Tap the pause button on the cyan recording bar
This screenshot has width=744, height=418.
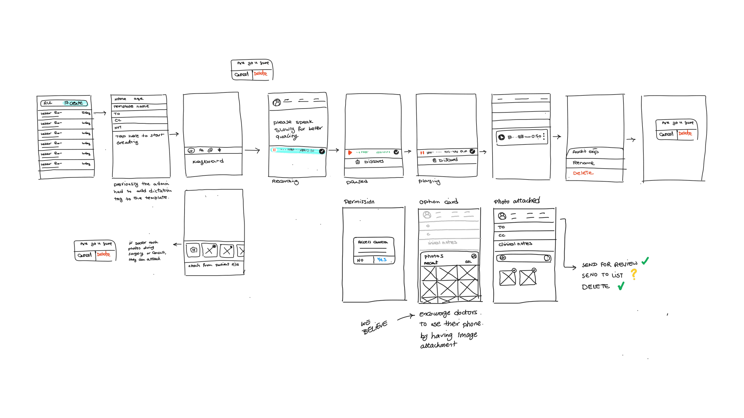pyautogui.click(x=274, y=150)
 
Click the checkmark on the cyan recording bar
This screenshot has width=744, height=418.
pyautogui.click(x=322, y=151)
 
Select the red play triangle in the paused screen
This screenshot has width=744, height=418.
pyautogui.click(x=350, y=153)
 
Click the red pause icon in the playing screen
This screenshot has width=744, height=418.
pyautogui.click(x=422, y=153)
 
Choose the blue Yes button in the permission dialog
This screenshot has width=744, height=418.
pyautogui.click(x=382, y=260)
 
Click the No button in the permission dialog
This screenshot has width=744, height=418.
pyautogui.click(x=360, y=260)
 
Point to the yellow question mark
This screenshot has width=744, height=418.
pyautogui.click(x=634, y=274)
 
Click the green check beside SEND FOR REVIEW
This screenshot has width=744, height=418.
pyautogui.click(x=645, y=261)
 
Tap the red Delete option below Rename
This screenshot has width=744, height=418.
pyautogui.click(x=583, y=173)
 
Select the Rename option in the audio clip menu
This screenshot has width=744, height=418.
pyautogui.click(x=583, y=163)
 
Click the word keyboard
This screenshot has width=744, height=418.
pyautogui.click(x=208, y=161)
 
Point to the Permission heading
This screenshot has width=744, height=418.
pyautogui.click(x=359, y=202)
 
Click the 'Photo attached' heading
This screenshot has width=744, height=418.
pyautogui.click(x=517, y=201)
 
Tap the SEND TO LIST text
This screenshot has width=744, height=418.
pyautogui.click(x=602, y=275)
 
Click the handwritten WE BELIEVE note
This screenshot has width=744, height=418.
pyautogui.click(x=374, y=327)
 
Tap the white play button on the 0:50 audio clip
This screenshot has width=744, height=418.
pyautogui.click(x=502, y=137)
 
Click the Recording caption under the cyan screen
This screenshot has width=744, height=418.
pyautogui.click(x=285, y=181)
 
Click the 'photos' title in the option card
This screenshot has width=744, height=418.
pyautogui.click(x=434, y=256)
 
